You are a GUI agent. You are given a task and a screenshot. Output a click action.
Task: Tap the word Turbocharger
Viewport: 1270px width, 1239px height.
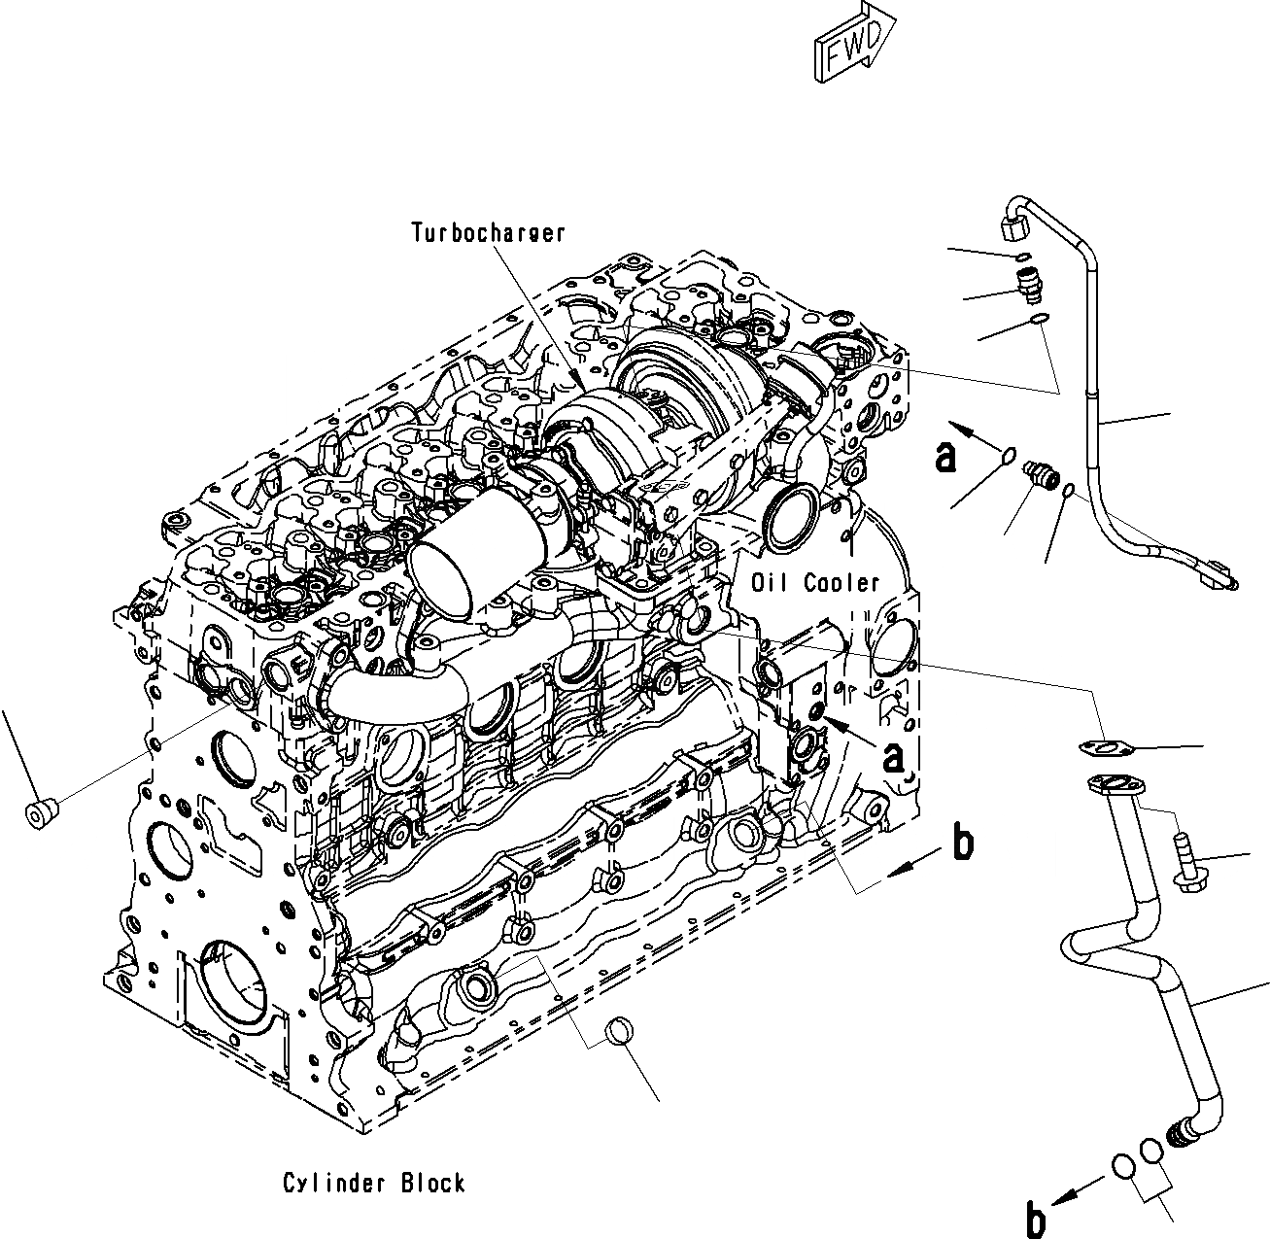[x=487, y=232]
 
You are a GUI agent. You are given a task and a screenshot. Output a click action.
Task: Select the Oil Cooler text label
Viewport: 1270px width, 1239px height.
[x=815, y=583]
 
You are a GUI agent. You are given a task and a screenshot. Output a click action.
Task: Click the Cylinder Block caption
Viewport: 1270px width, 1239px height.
[x=374, y=1183]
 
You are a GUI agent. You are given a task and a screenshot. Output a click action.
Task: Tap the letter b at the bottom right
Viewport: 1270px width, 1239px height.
[x=1036, y=1219]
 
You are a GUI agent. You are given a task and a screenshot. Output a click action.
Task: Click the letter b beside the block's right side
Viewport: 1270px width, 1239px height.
[x=962, y=843]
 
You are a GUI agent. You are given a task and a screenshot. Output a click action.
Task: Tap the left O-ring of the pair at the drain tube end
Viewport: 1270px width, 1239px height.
[x=1125, y=1166]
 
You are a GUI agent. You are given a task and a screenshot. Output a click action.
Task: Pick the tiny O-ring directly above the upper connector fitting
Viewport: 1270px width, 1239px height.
[x=1023, y=257]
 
